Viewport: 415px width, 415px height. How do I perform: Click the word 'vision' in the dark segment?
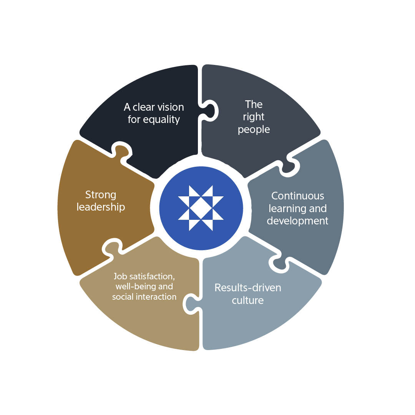[x=170, y=107]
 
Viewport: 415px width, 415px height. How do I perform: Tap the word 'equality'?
[x=161, y=120]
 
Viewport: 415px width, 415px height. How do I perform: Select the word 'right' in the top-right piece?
[x=254, y=117]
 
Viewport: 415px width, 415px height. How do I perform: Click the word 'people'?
[x=254, y=129]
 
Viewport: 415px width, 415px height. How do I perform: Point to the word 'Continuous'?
[x=297, y=196]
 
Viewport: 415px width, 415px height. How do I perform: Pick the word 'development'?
[x=297, y=221]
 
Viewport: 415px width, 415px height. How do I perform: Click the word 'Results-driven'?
[x=248, y=287]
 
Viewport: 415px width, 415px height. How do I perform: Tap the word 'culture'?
[x=248, y=300]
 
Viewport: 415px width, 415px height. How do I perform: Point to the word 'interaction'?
[x=158, y=297]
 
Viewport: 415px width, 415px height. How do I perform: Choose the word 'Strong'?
[x=101, y=195]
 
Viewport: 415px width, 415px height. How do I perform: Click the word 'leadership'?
[x=101, y=207]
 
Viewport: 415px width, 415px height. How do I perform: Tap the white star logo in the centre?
[x=201, y=208]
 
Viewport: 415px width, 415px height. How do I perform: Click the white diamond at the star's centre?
[x=201, y=208]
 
